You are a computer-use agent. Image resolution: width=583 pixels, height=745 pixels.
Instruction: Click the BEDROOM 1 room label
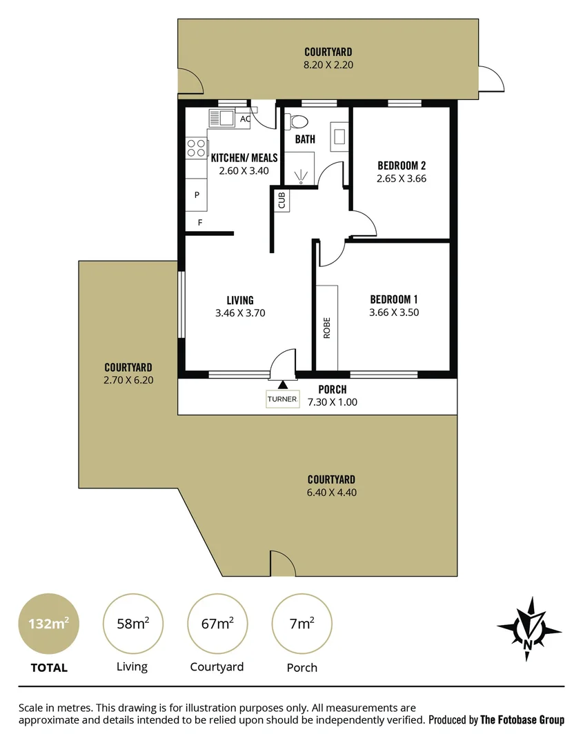(x=394, y=299)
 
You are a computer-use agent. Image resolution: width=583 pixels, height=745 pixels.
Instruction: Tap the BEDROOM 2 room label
(x=402, y=166)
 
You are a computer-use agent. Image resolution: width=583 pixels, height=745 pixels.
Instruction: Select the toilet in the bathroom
(x=299, y=122)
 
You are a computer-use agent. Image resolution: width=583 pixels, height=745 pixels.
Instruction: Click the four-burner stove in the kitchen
(x=197, y=147)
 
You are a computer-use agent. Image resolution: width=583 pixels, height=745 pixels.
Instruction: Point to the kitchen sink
(x=221, y=118)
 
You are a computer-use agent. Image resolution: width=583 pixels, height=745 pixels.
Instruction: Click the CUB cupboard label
(x=281, y=201)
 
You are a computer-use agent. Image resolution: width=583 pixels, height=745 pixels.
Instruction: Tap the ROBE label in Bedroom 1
(x=326, y=327)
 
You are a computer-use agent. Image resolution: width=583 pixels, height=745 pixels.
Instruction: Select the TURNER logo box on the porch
(x=283, y=399)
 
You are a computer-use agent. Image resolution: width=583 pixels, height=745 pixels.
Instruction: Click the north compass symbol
(x=529, y=628)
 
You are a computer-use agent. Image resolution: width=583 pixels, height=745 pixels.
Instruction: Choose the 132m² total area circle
(x=48, y=624)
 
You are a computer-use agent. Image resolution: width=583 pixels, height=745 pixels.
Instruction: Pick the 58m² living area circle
(x=132, y=624)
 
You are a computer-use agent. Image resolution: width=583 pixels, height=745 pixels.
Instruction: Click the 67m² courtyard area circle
(x=217, y=624)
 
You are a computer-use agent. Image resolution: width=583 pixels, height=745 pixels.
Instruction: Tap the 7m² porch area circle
(x=302, y=624)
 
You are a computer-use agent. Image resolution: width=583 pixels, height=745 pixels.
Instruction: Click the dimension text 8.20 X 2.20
(x=328, y=65)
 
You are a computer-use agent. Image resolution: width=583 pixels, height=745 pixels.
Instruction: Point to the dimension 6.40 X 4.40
(x=331, y=493)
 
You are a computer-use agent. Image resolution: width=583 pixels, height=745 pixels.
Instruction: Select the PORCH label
(x=333, y=390)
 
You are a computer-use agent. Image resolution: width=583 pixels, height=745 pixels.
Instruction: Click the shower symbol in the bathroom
(x=302, y=176)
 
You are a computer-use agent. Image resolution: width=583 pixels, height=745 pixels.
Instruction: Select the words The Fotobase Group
(x=522, y=720)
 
